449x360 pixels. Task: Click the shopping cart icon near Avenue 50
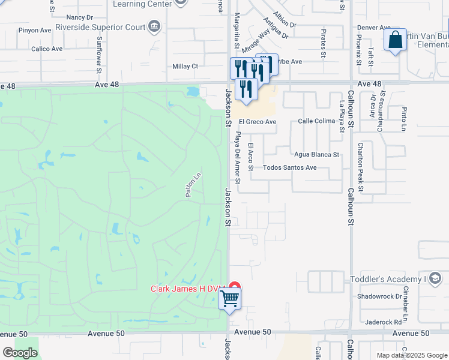(231, 298)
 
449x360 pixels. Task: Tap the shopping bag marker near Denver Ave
(395, 41)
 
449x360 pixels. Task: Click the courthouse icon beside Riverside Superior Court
(155, 26)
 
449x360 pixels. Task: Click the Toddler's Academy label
(387, 279)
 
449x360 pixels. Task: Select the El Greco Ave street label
(258, 122)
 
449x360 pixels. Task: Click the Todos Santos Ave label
(289, 167)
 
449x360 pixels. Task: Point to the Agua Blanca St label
(316, 154)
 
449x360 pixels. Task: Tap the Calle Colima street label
(316, 121)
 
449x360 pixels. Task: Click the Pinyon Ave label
(35, 30)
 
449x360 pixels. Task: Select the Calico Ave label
(47, 49)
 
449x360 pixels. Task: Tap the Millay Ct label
(185, 66)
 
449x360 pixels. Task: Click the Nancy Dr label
(80, 17)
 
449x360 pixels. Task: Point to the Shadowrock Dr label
(379, 296)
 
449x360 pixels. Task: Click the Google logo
(20, 353)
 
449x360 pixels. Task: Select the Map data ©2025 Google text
(411, 355)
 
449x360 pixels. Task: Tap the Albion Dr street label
(284, 19)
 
